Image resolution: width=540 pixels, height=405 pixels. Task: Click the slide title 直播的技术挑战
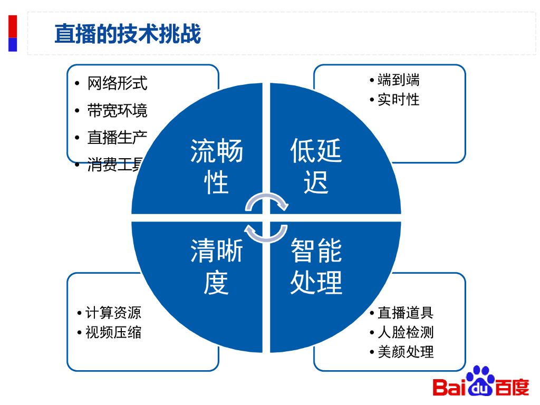tap(128, 34)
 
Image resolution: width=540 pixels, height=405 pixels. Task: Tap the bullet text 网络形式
tap(117, 83)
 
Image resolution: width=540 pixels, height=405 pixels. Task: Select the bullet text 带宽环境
tap(117, 111)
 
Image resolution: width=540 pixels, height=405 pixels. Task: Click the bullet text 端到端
tap(399, 80)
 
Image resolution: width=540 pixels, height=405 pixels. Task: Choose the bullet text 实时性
tap(399, 99)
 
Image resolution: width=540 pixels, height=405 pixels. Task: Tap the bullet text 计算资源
tap(113, 313)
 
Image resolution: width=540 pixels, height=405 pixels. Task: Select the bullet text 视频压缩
tap(113, 332)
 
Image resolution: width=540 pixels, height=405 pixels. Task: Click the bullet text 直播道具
tap(406, 313)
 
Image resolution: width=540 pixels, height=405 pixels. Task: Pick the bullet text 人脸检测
tap(406, 332)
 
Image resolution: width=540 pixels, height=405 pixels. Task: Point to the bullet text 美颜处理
tap(406, 352)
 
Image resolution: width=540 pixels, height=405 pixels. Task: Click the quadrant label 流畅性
tap(216, 167)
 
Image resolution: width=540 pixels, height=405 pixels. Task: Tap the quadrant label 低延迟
tap(316, 167)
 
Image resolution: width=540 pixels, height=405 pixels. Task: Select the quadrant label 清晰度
tap(216, 266)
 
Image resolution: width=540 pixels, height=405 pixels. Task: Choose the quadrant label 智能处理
tap(316, 266)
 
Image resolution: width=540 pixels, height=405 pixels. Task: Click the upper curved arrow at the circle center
tap(267, 202)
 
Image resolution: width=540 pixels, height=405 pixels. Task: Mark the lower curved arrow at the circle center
tap(266, 234)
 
